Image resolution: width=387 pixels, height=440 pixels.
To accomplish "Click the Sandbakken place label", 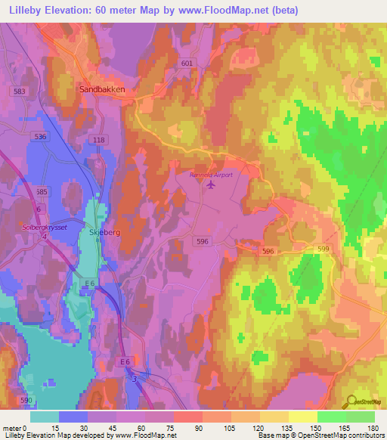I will pyautogui.click(x=102, y=88).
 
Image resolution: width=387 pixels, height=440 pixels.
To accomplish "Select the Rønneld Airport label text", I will pyautogui.click(x=211, y=174).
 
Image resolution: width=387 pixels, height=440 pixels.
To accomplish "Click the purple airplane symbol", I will pyautogui.click(x=210, y=186).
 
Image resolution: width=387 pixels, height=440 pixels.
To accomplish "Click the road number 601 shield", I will pyautogui.click(x=187, y=64).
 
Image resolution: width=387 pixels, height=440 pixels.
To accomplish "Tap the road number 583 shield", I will pyautogui.click(x=20, y=91).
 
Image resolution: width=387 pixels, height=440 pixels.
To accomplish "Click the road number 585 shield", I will pyautogui.click(x=42, y=192).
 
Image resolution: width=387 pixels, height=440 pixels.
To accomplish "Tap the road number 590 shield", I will pyautogui.click(x=26, y=399).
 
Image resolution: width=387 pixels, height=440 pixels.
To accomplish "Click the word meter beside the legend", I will pyautogui.click(x=13, y=428).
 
